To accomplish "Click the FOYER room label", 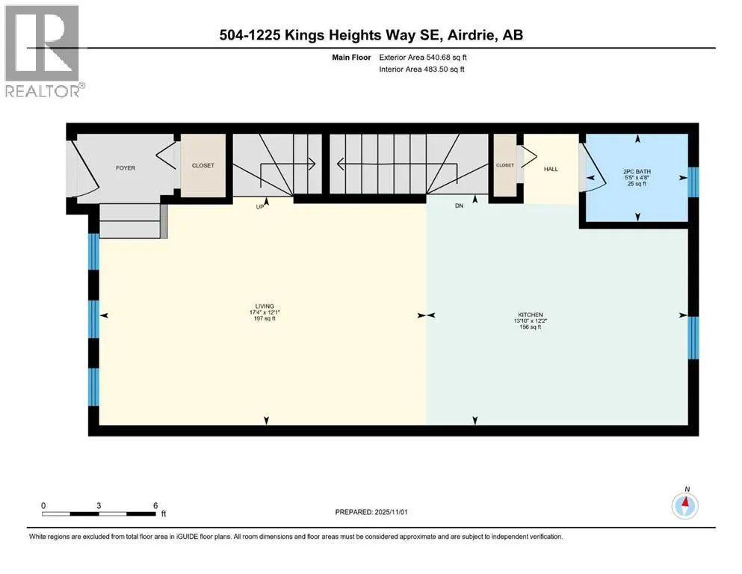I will [126, 168].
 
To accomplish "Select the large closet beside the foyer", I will [203, 166].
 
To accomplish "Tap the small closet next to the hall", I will [505, 165].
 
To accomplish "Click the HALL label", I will [551, 169].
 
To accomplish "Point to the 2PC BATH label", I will [637, 172].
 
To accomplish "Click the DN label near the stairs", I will [460, 206].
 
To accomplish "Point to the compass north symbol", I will [685, 504].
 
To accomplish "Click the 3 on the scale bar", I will [99, 505].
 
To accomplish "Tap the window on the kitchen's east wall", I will [692, 338].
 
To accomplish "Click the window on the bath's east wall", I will [692, 179].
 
